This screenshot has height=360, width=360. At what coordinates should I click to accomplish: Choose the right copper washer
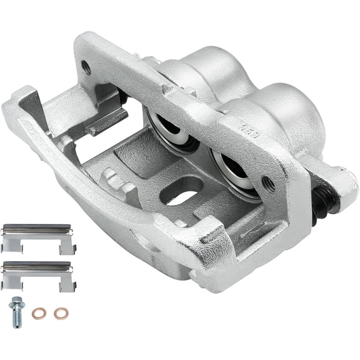coord(60,312)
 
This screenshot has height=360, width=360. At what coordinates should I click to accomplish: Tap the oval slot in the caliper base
coord(181,193)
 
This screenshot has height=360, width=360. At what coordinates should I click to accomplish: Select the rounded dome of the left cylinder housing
coord(206,69)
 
